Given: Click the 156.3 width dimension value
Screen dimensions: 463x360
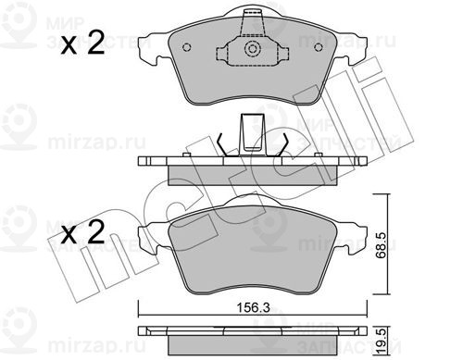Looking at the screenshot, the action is pyautogui.click(x=253, y=307).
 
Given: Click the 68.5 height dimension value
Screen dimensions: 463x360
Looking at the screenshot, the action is pyautogui.click(x=382, y=245).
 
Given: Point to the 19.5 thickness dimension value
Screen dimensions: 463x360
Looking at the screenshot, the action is pyautogui.click(x=382, y=341).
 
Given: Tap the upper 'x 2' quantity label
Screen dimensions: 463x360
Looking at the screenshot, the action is pyautogui.click(x=83, y=43).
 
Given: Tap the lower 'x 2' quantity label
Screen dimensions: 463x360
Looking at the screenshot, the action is pyautogui.click(x=83, y=232).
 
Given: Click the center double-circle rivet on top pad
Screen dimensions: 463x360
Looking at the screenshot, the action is pyautogui.click(x=253, y=49).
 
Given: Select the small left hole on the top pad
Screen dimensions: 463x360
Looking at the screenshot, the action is pyautogui.click(x=187, y=47).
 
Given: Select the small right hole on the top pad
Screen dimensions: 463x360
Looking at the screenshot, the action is pyautogui.click(x=319, y=47).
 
